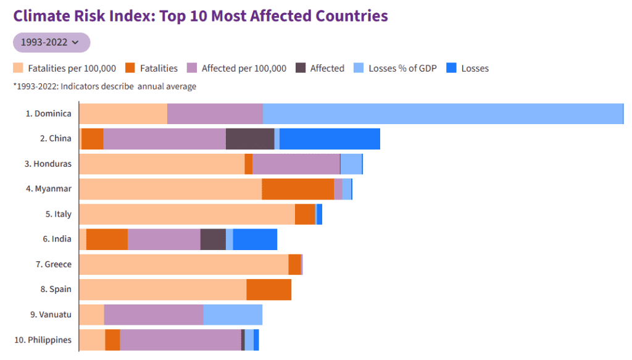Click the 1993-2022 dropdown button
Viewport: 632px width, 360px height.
(x=51, y=43)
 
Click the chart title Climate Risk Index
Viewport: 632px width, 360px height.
(x=201, y=15)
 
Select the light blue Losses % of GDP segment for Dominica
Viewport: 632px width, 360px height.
(x=443, y=114)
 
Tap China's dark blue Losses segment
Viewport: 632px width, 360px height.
(x=330, y=139)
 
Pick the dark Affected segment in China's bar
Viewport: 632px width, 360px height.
(x=250, y=139)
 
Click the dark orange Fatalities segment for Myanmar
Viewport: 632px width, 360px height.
(x=297, y=189)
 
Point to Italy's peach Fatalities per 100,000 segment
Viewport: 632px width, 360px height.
(x=187, y=214)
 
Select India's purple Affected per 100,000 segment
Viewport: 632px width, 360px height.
(x=164, y=239)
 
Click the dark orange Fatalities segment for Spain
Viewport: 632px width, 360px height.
(x=268, y=289)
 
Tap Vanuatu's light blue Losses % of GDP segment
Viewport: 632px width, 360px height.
(x=233, y=314)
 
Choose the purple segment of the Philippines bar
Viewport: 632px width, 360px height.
(x=180, y=340)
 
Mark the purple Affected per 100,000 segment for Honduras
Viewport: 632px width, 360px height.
(x=296, y=164)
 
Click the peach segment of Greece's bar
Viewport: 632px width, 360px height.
(x=184, y=264)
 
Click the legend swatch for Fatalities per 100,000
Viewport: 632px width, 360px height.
(x=19, y=69)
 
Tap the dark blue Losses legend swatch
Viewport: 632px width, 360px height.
(x=451, y=69)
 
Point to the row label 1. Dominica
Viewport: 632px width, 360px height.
(x=48, y=114)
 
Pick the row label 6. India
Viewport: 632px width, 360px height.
(x=57, y=239)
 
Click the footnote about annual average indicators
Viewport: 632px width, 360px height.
(x=104, y=86)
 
